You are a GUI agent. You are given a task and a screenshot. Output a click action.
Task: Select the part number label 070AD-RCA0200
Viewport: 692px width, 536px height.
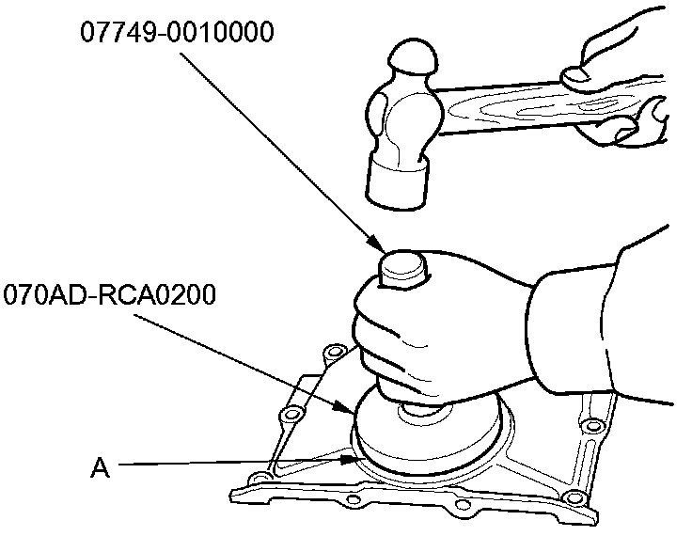(110, 295)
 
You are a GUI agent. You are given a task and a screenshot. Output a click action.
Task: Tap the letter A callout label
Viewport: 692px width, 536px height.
(101, 466)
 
